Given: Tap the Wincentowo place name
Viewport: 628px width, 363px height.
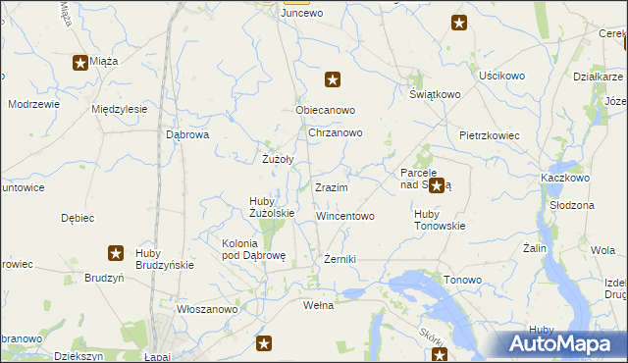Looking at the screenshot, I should coord(344,216).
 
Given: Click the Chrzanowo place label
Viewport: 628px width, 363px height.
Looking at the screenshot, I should coord(336,132).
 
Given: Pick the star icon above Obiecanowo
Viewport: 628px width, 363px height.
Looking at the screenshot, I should coord(333,79).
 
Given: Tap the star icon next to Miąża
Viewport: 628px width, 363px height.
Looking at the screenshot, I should coord(79,63).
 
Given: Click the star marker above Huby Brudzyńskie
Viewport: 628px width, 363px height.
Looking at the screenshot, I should coord(116,253).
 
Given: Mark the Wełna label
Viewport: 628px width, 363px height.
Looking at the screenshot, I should coord(318,305).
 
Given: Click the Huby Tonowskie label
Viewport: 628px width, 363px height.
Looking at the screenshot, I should coord(440,220).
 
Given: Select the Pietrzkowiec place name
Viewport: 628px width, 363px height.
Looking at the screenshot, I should coord(489,134).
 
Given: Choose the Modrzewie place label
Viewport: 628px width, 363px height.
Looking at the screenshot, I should coord(32,103).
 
